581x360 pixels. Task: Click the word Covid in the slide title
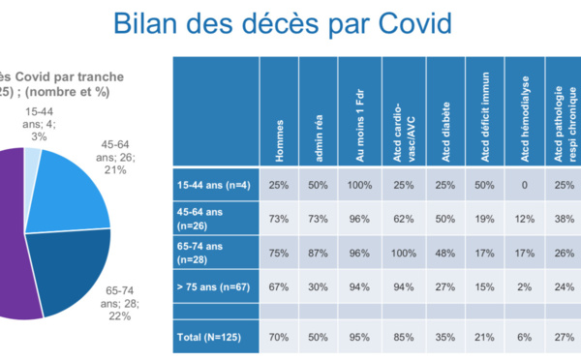click(416, 25)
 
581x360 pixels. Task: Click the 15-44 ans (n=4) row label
click(214, 185)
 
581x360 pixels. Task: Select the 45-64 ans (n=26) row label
click(202, 219)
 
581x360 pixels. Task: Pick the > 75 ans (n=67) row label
click(213, 286)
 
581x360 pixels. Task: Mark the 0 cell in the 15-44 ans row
click(524, 185)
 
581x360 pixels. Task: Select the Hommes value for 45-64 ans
click(279, 220)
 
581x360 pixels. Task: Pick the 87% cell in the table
click(320, 254)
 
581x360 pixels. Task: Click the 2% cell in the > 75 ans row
click(524, 286)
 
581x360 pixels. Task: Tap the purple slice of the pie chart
click(15, 242)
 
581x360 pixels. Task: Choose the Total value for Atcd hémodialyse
click(524, 339)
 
